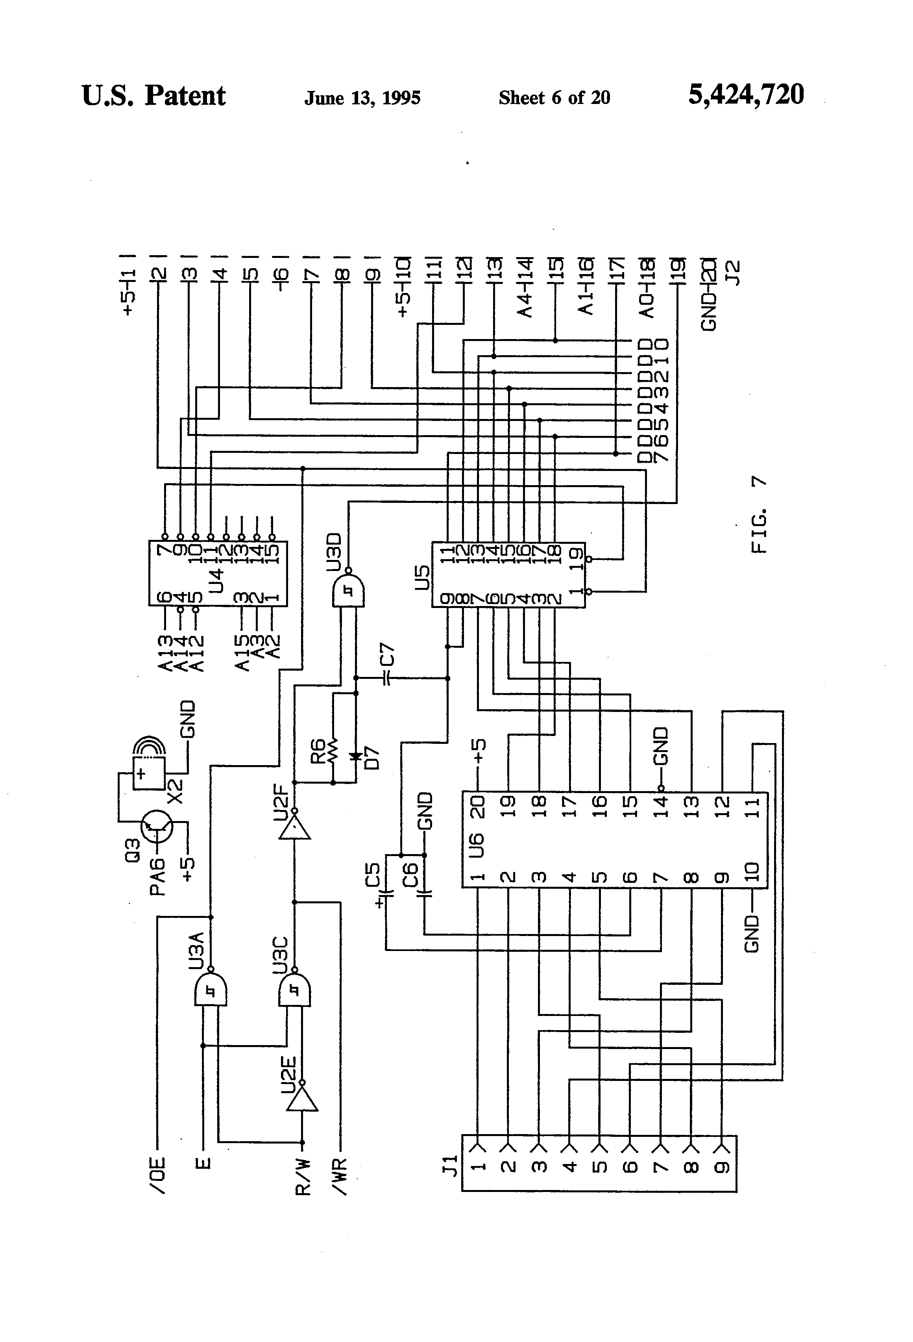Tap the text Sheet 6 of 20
(x=554, y=98)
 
